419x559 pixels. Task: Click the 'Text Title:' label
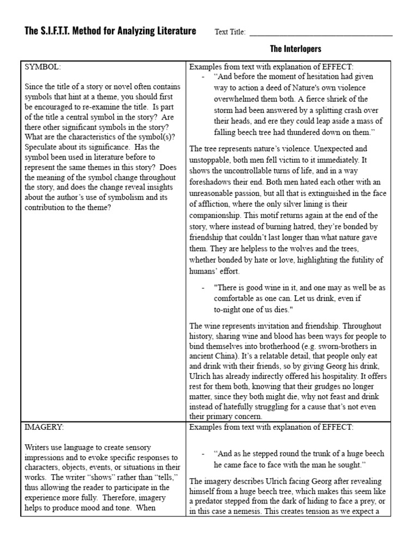230,32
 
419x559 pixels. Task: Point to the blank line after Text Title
321,34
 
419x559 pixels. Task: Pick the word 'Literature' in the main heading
173,31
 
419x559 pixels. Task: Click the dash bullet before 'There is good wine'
203,287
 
